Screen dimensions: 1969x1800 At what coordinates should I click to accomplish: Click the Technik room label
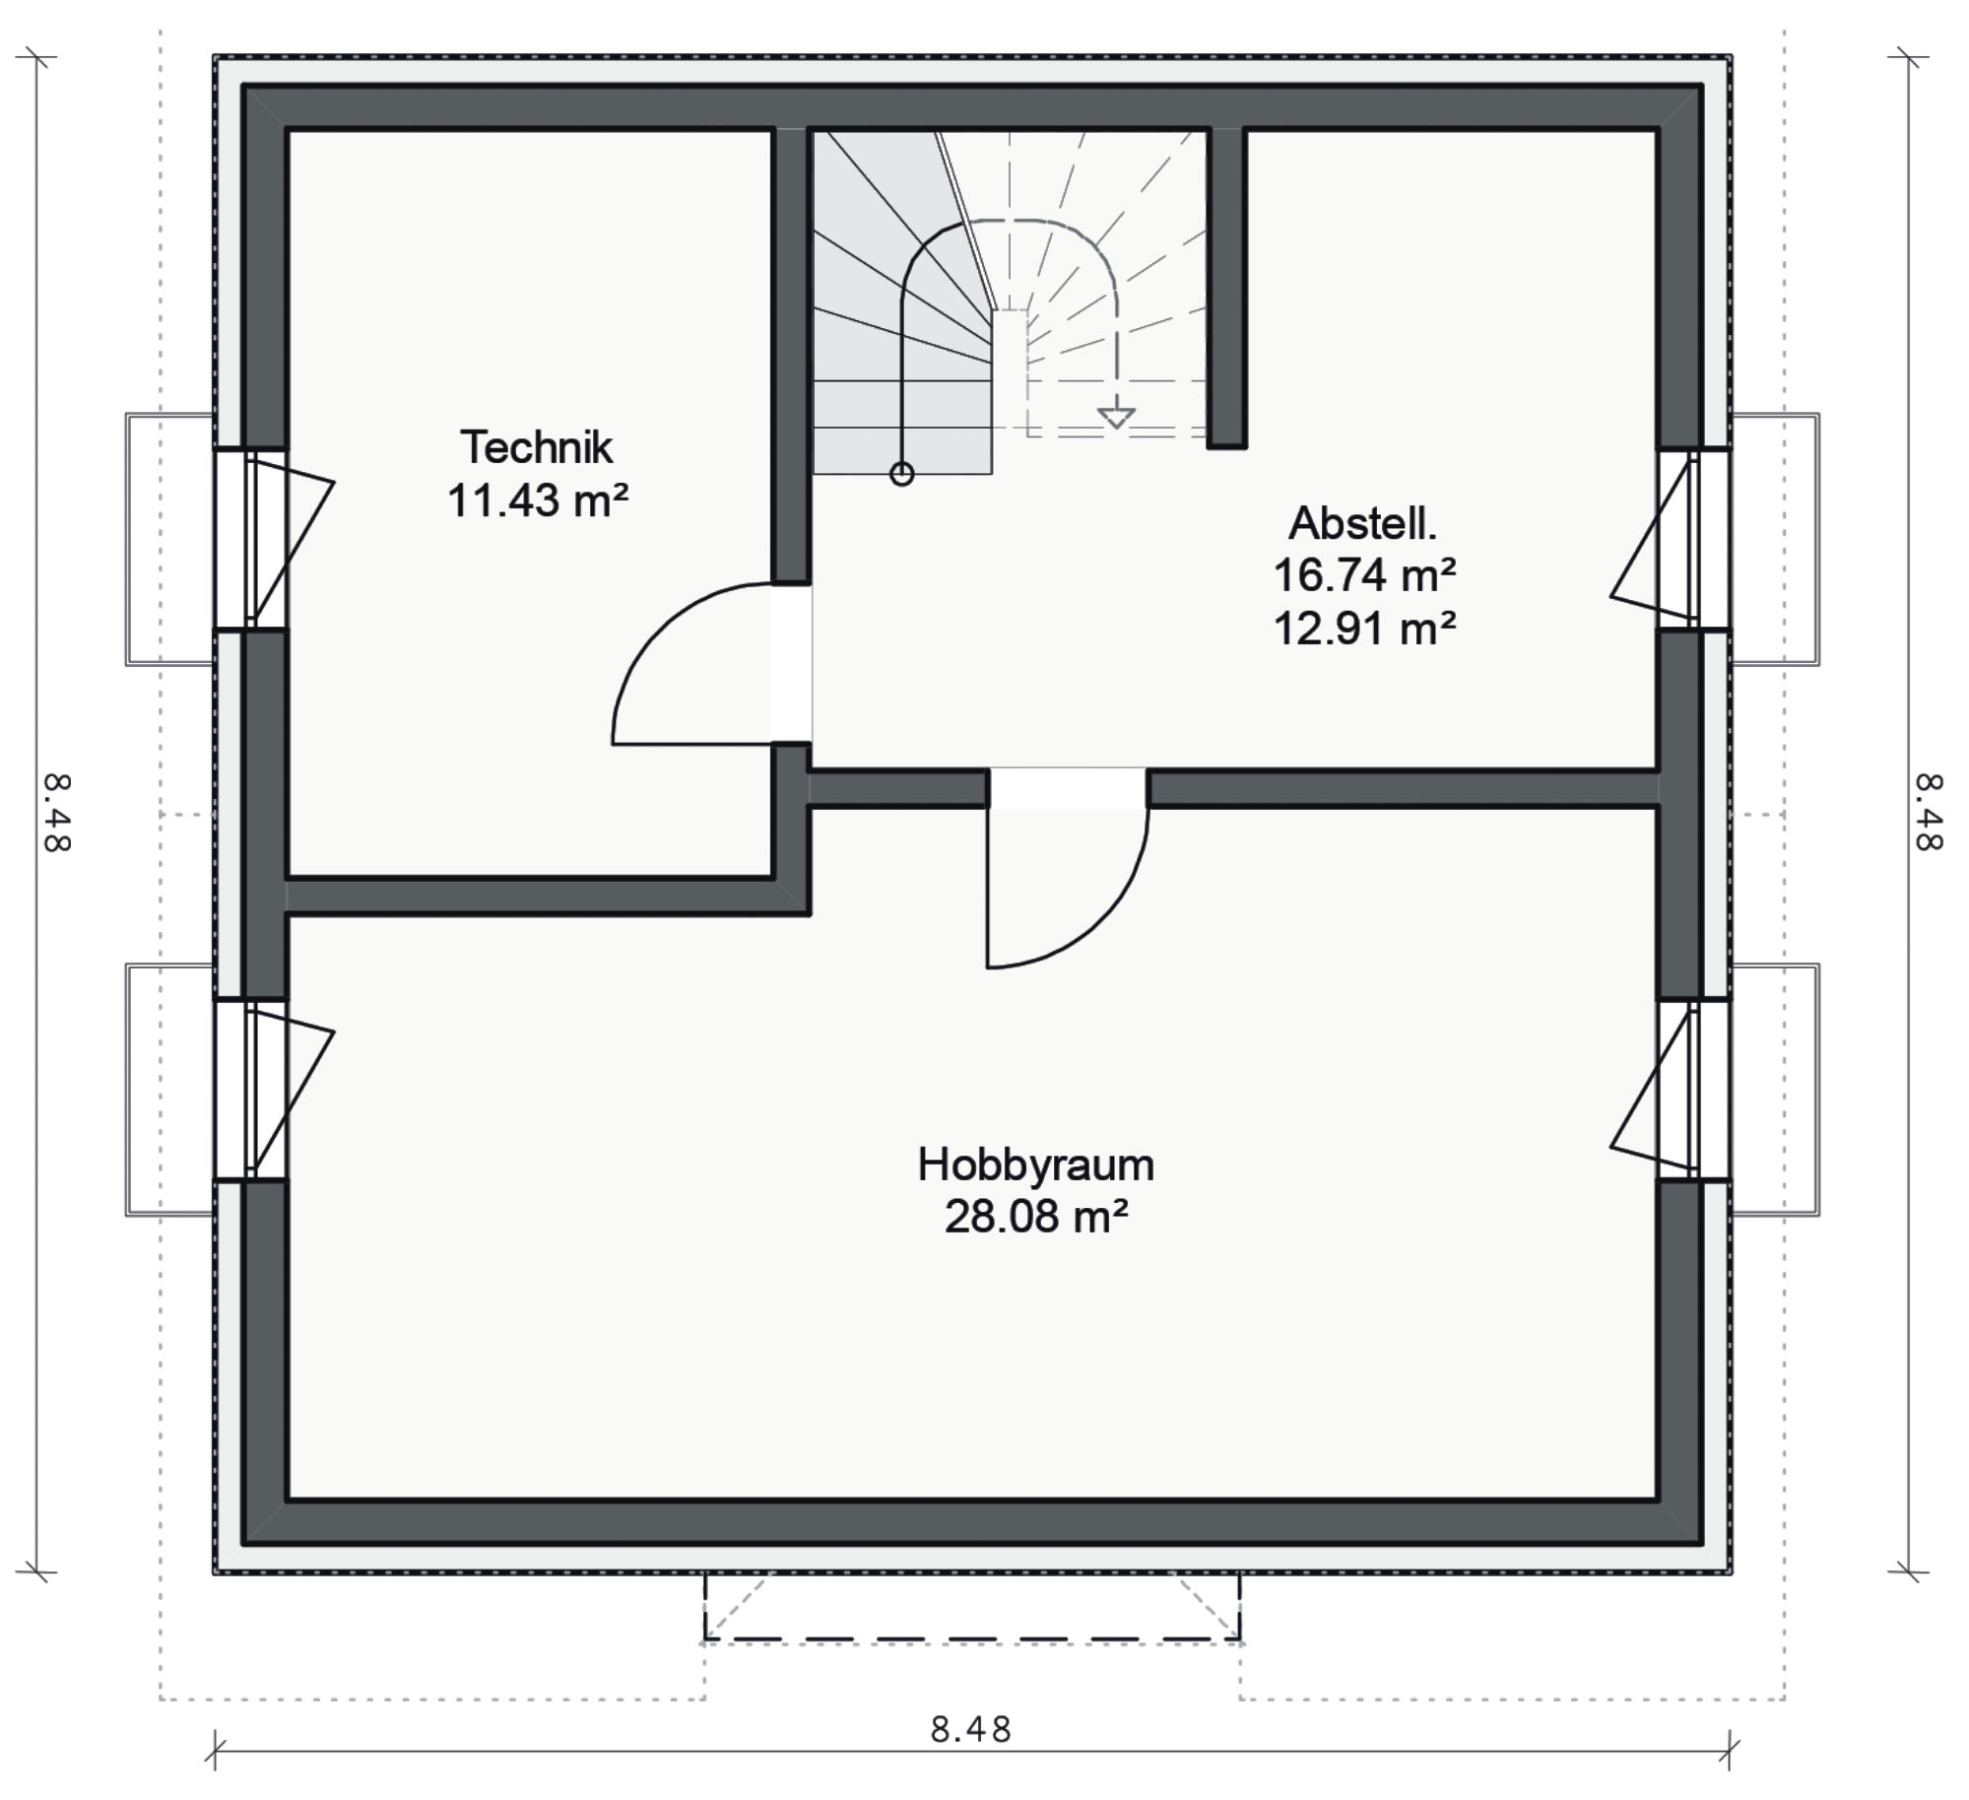537,447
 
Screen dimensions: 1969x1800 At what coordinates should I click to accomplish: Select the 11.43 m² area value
538,500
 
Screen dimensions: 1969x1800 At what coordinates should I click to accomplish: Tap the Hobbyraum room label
1035,1166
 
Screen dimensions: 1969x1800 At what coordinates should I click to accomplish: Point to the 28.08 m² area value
1035,1218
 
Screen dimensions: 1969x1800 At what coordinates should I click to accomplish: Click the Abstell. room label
1362,523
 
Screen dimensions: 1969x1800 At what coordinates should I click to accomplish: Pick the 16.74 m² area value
1364,575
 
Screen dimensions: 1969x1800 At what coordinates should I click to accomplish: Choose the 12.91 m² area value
1364,628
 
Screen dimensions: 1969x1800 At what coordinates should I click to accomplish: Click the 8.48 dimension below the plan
971,1729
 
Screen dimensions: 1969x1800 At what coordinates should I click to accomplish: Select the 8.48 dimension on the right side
1928,813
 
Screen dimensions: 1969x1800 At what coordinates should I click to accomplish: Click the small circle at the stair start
901,475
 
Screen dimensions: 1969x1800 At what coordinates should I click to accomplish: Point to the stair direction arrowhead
1116,418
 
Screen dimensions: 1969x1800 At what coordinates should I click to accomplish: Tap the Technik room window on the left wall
252,539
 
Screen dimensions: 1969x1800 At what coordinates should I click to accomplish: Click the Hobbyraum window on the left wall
252,1089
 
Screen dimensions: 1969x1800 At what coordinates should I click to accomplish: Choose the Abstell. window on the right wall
1693,539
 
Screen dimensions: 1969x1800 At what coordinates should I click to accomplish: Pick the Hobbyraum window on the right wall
1693,1089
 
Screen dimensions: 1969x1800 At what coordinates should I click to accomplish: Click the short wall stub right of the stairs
1227,288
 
